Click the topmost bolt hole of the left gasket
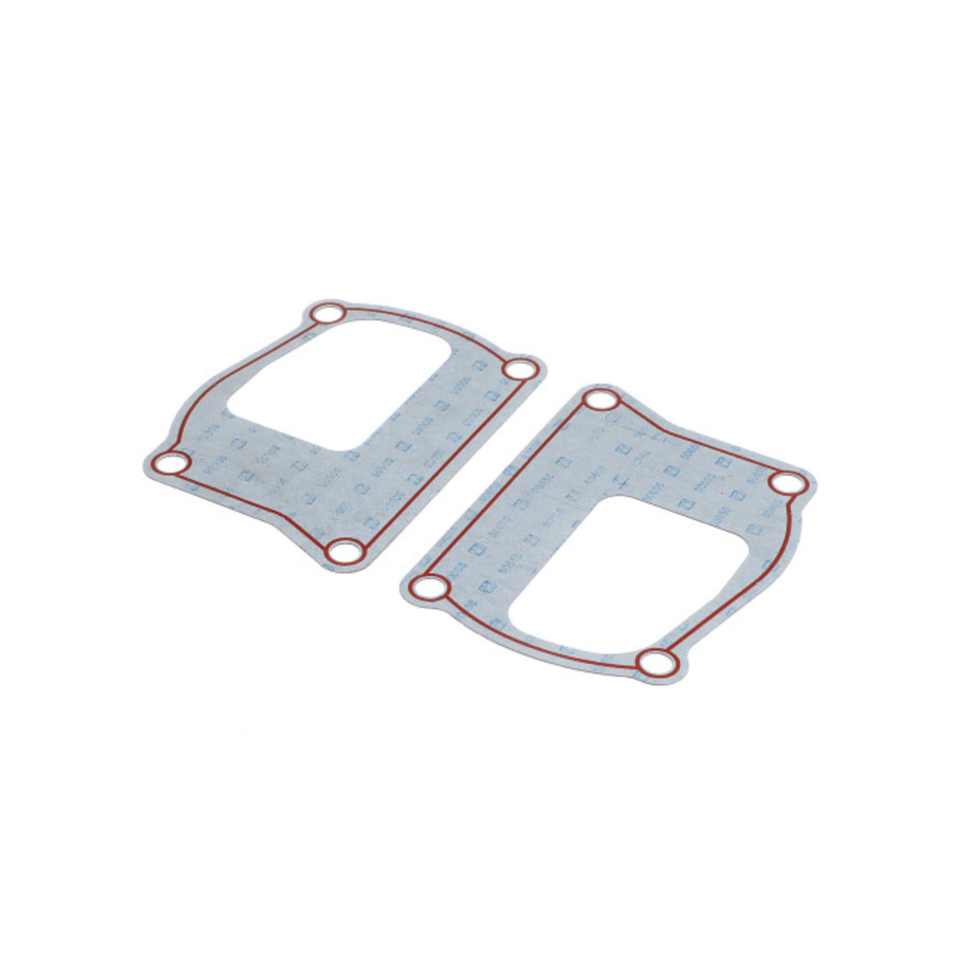329,313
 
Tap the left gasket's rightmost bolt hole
519,369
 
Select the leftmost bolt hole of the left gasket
171,465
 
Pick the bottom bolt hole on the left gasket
345,551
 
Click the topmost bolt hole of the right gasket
602,400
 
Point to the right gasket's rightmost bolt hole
787,484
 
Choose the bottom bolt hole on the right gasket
657,662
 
